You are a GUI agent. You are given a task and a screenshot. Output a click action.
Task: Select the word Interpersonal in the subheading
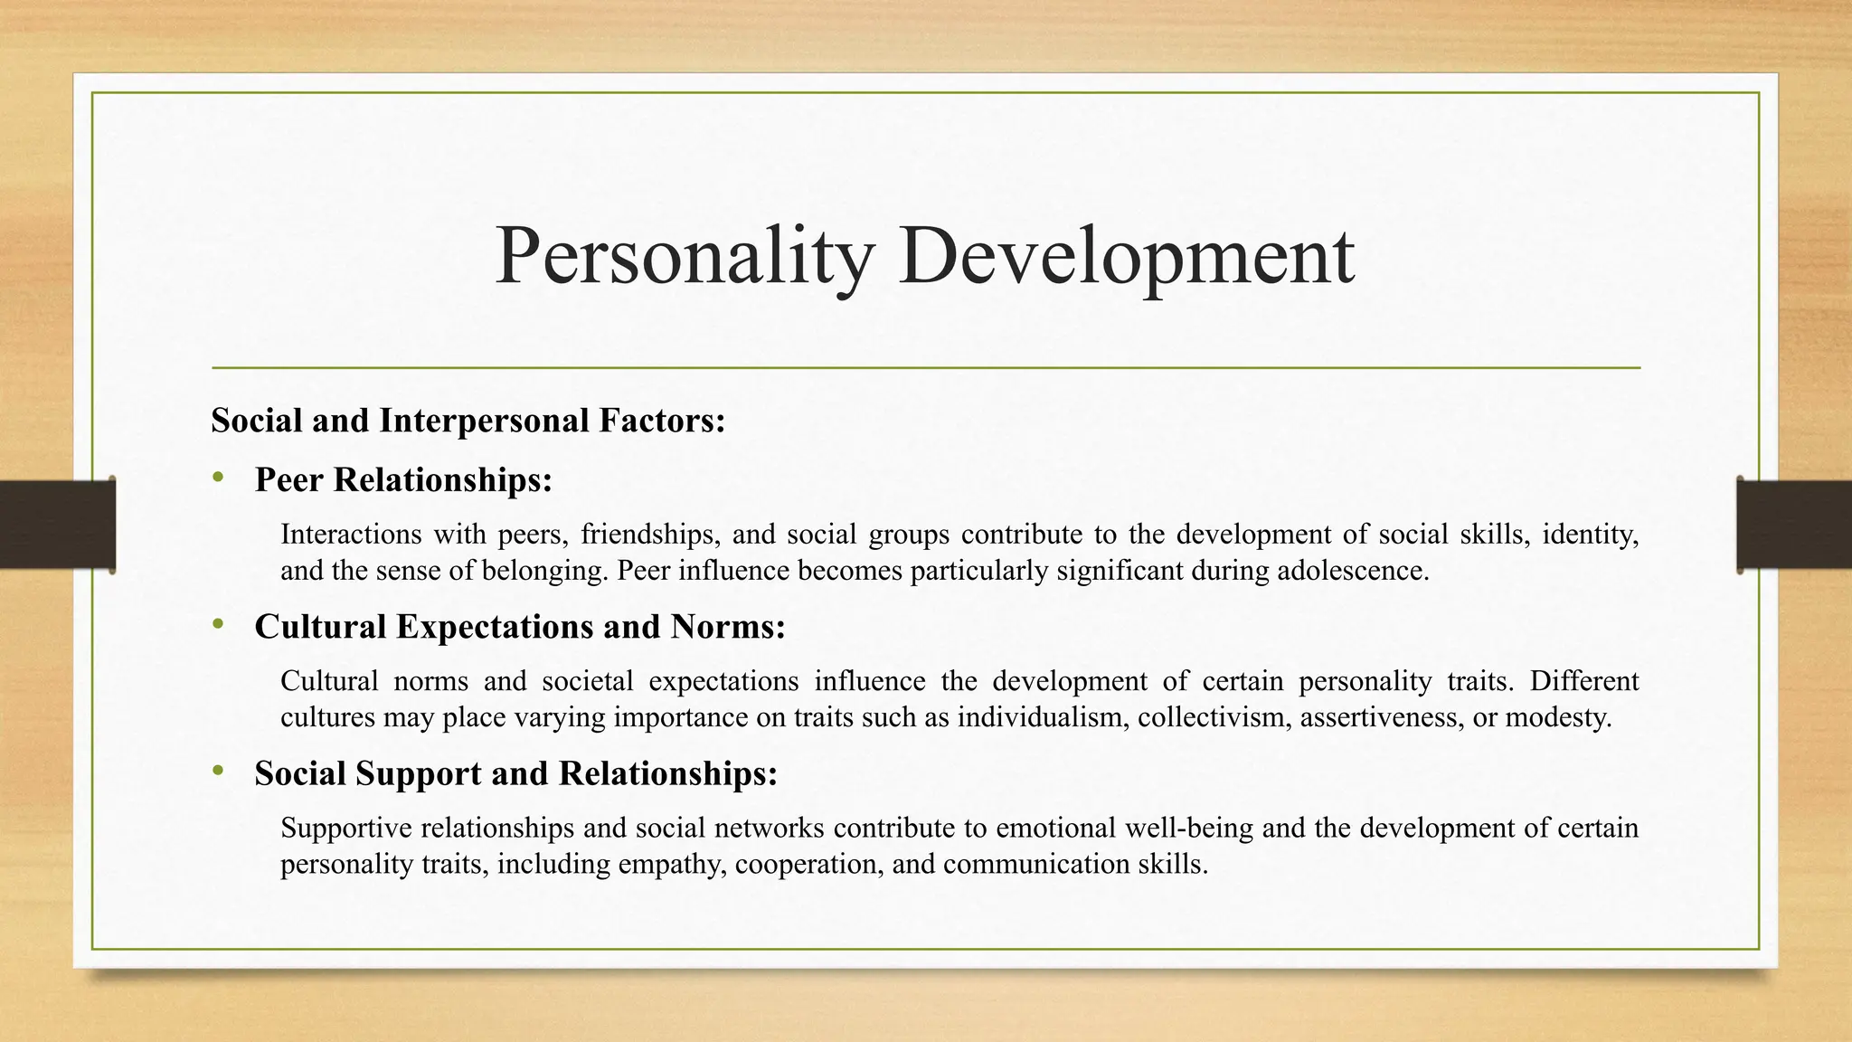[484, 421]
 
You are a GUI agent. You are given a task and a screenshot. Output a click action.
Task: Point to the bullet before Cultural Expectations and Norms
[218, 624]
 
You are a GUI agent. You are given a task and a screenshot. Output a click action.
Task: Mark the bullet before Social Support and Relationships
[218, 771]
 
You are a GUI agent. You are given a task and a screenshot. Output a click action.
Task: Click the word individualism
[1040, 717]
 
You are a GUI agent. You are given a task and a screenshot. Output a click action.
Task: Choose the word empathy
[670, 864]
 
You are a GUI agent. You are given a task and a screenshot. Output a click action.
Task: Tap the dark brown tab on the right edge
[1794, 525]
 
